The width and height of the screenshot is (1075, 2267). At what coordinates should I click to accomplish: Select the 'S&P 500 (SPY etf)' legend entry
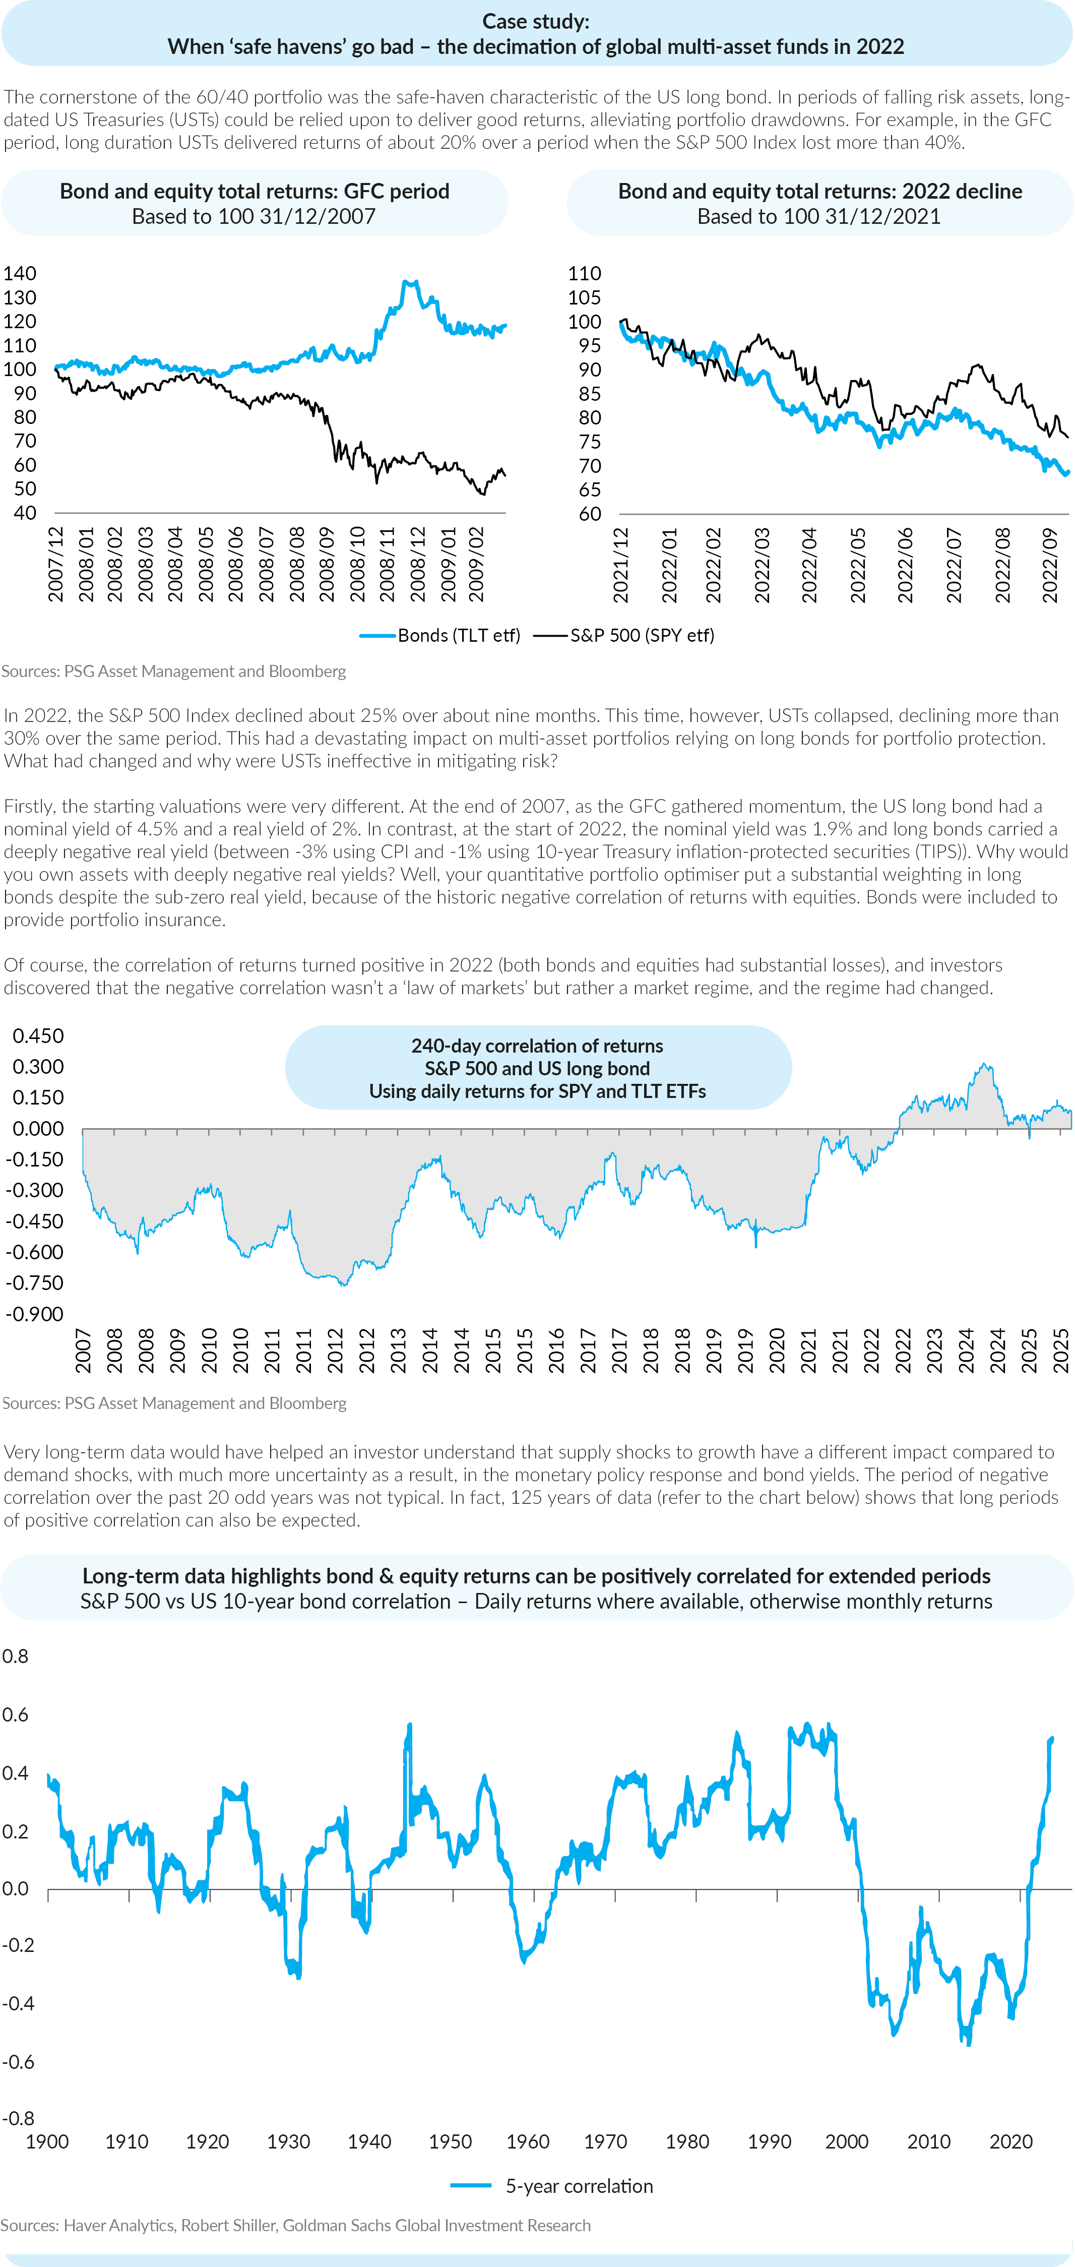(x=624, y=635)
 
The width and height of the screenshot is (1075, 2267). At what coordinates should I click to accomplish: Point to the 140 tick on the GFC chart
(x=19, y=274)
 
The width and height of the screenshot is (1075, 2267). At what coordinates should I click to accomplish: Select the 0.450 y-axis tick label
(x=38, y=1036)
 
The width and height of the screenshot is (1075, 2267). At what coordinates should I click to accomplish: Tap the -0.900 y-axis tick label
(x=34, y=1314)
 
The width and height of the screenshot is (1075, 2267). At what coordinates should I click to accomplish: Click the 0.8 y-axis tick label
(x=15, y=1656)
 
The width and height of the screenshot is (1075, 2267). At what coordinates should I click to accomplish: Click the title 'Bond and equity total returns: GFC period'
(x=254, y=191)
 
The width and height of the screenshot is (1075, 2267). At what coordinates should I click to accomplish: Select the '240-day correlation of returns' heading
(x=537, y=1046)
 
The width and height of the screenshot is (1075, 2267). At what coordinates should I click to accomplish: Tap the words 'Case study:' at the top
(x=536, y=21)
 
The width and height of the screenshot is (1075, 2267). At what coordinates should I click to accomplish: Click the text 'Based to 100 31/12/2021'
(x=819, y=216)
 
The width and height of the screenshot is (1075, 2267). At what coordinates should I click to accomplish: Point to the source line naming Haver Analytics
(x=295, y=2225)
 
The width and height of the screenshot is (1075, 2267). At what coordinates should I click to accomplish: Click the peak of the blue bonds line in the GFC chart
(x=406, y=282)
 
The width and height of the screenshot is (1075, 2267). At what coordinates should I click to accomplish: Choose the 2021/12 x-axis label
(x=621, y=564)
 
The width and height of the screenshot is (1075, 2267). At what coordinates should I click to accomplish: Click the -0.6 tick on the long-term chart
(x=18, y=2062)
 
